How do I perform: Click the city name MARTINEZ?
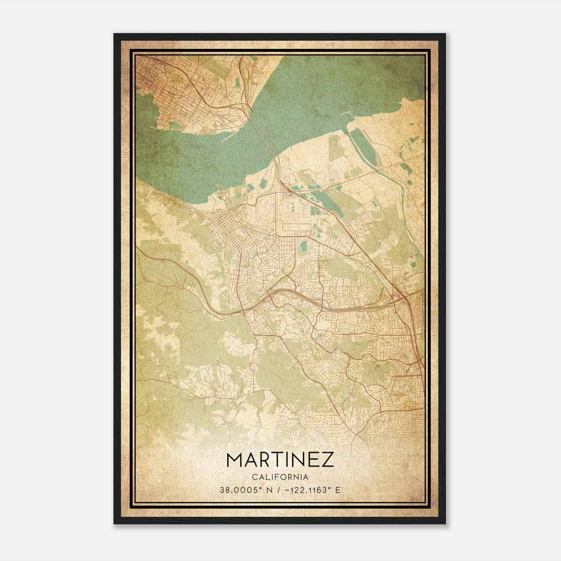pyautogui.click(x=280, y=460)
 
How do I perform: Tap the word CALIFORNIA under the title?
pyautogui.click(x=280, y=477)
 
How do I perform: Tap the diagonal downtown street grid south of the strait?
pyautogui.click(x=228, y=224)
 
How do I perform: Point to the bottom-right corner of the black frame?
pyautogui.click(x=445, y=524)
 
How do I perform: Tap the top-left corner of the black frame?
pyautogui.click(x=114, y=34)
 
